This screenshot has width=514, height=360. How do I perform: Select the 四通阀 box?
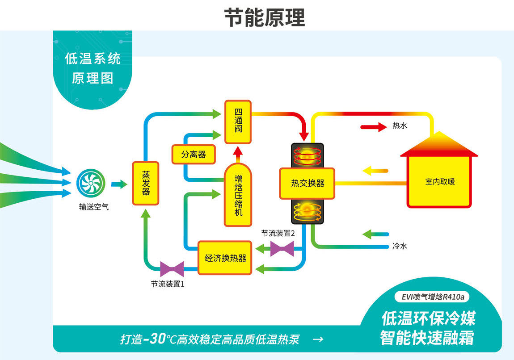point(238,122)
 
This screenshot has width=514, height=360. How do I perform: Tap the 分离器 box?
point(194,155)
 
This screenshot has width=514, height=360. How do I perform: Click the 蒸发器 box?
point(145,183)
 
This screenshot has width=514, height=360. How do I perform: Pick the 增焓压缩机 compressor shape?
point(238,194)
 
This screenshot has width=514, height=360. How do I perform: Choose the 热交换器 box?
point(307,183)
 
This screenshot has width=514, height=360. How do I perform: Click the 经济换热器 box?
point(225,258)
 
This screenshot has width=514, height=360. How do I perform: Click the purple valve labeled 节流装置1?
point(172,269)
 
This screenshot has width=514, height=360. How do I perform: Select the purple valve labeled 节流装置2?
point(282,248)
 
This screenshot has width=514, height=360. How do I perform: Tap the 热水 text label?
point(400,126)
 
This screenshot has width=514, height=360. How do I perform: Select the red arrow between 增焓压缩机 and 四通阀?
point(238,153)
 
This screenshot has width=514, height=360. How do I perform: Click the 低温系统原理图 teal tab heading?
point(93,69)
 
